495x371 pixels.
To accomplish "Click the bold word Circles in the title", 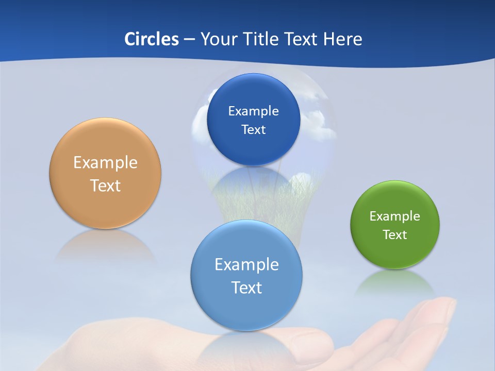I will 152,39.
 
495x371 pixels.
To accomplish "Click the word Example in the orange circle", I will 105,163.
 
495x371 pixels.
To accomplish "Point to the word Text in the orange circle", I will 105,185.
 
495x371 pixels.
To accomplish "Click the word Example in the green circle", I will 395,216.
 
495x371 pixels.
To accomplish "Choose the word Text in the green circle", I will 395,235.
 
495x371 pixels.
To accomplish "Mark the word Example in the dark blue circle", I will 253,111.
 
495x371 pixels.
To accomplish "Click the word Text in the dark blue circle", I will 253,130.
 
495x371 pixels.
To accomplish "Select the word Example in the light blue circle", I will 246,265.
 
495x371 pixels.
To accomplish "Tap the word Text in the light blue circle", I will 246,288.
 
